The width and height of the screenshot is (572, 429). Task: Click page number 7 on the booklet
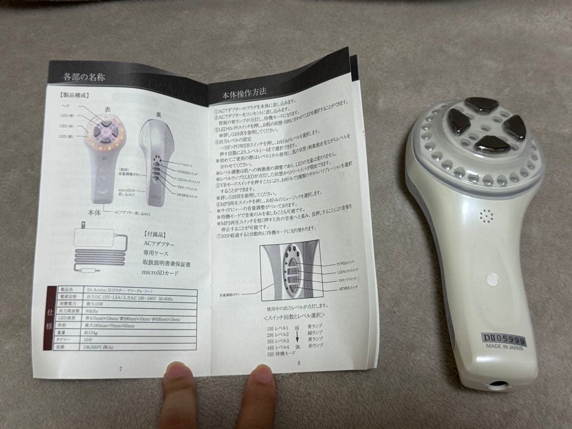[x=121, y=369]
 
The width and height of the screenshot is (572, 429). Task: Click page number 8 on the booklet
[x=299, y=363]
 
